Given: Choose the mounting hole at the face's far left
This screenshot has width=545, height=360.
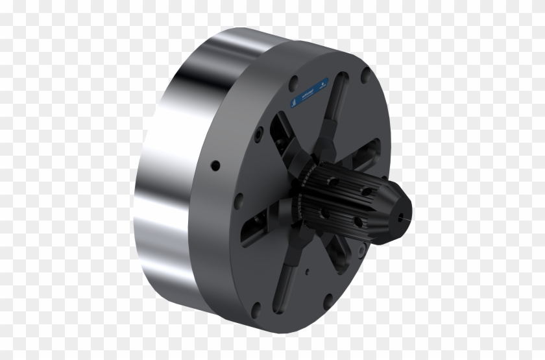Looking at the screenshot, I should click(x=239, y=201).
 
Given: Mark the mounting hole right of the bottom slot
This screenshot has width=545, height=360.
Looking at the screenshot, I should click(x=329, y=299).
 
